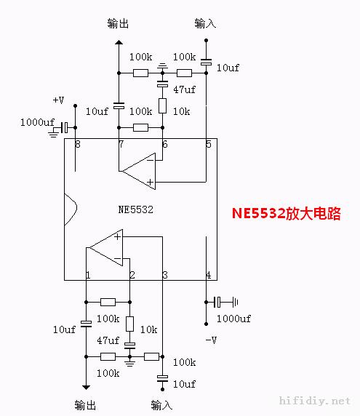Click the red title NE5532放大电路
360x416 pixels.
287,213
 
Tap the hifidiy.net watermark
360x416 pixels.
315,401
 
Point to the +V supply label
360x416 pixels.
58,100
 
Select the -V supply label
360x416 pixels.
211,340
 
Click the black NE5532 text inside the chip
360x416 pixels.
135,209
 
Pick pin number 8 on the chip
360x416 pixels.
78,144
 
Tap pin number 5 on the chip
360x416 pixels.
209,144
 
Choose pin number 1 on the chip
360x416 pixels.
88,275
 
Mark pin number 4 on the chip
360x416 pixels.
209,275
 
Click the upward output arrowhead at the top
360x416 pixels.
119,42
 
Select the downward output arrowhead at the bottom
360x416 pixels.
86,388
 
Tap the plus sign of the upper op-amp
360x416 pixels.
150,182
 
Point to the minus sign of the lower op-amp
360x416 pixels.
118,258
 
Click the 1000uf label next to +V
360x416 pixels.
37,122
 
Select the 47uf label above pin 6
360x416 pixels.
184,89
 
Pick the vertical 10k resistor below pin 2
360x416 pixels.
129,324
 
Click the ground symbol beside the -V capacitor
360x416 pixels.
236,303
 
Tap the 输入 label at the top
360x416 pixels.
205,23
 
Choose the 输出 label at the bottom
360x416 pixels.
85,405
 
